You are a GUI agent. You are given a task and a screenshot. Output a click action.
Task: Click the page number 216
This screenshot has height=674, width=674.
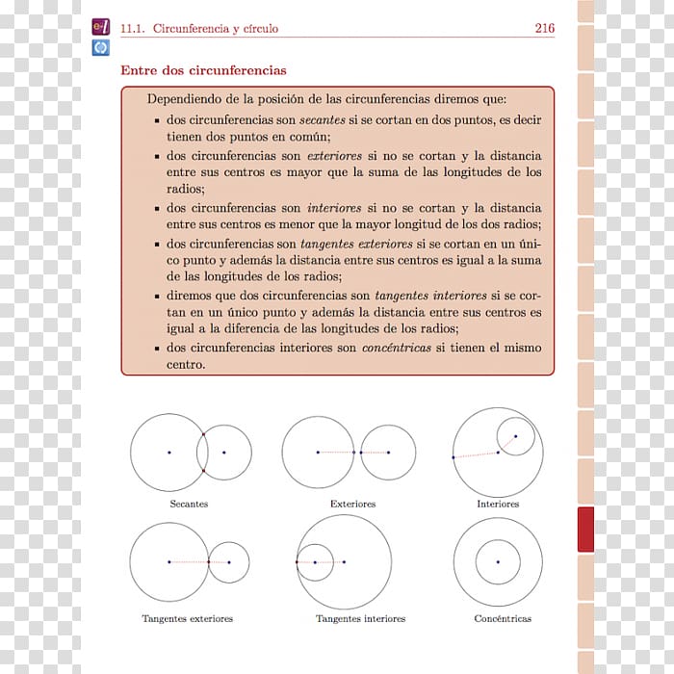544,29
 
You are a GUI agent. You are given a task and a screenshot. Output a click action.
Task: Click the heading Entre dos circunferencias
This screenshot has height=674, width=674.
203,70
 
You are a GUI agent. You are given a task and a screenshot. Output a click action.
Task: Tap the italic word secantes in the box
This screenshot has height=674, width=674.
322,121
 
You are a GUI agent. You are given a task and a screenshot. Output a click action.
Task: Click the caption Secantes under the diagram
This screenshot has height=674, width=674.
189,504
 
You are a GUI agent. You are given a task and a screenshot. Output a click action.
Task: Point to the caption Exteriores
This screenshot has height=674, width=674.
352,504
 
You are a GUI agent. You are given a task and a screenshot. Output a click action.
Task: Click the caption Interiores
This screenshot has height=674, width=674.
498,504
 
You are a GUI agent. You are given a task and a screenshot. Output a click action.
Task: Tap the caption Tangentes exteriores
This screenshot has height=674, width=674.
187,618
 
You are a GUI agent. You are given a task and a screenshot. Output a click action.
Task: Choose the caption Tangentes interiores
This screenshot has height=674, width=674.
360,618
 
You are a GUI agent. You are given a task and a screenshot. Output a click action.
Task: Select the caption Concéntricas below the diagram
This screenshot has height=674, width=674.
503,618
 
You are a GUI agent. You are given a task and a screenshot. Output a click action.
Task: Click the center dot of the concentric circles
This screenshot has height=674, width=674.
498,562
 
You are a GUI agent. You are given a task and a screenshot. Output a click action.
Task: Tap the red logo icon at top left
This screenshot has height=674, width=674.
100,28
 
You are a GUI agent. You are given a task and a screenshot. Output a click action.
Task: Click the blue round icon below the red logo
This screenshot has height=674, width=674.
100,46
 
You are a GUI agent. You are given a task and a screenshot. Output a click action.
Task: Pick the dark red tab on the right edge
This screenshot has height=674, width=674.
585,530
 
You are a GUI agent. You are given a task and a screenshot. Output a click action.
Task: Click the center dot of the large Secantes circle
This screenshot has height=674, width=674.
168,453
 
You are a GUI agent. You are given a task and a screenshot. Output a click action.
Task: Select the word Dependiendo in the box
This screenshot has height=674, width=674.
181,99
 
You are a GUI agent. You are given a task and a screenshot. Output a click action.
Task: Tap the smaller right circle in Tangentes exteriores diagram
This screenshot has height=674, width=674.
229,562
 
